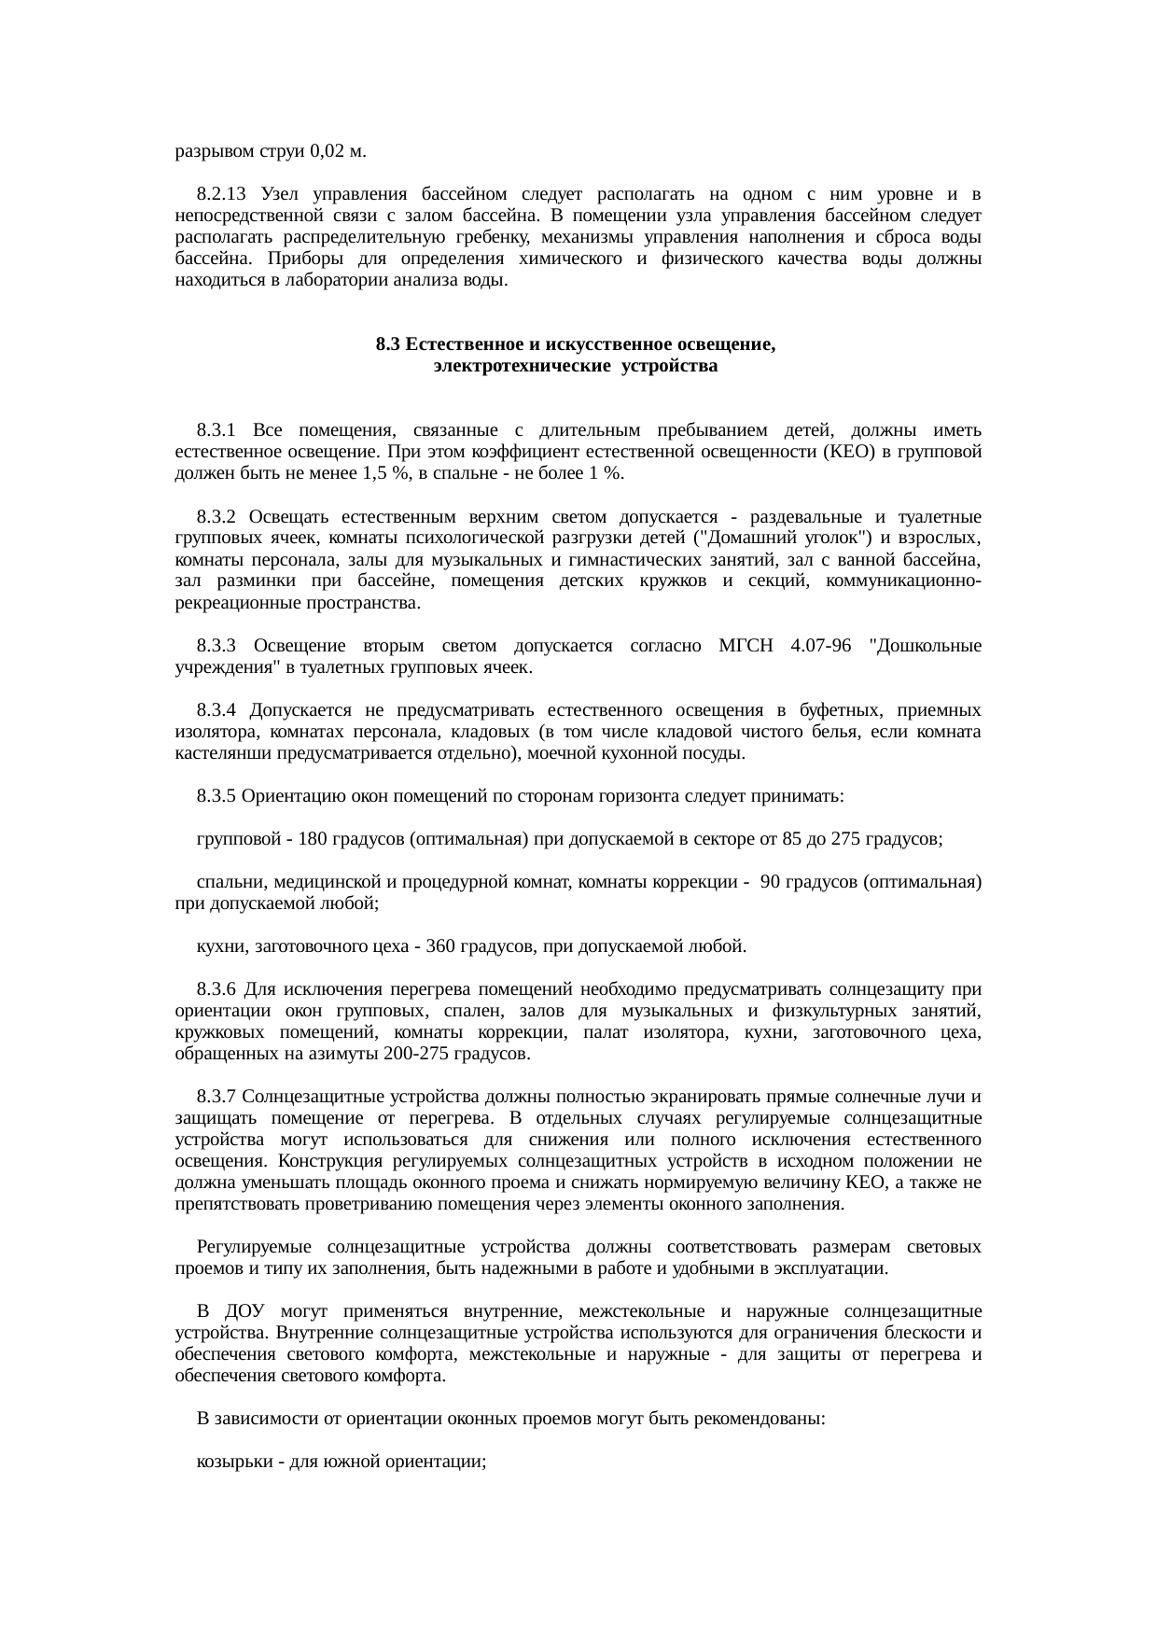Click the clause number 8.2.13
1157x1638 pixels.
click(221, 194)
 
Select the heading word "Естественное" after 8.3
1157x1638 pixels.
click(455, 344)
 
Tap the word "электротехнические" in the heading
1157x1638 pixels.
click(508, 366)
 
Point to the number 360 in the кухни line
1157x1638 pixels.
click(440, 947)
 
